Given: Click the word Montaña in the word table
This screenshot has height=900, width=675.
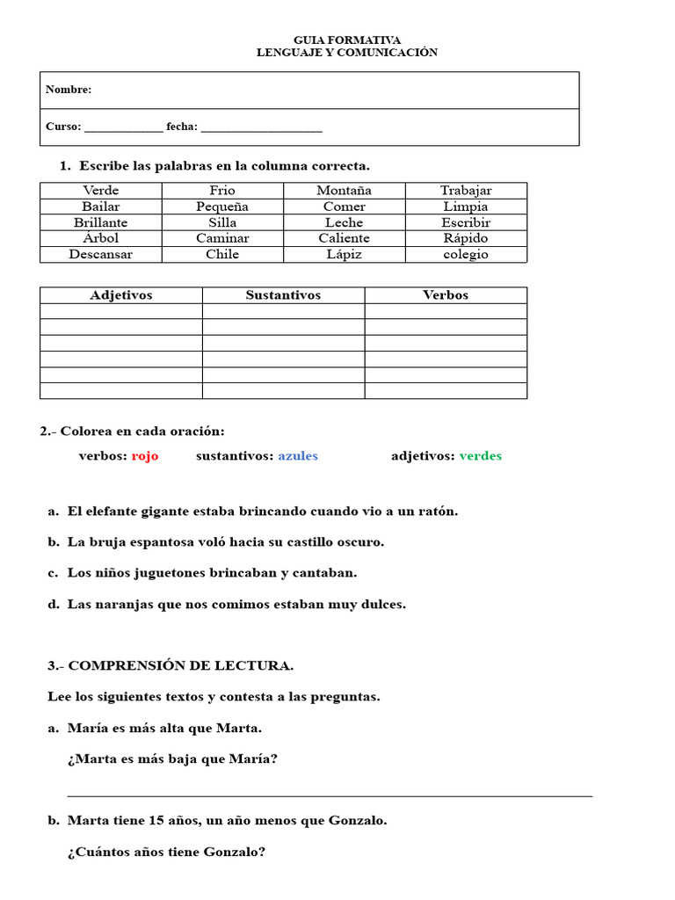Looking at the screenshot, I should click(344, 190).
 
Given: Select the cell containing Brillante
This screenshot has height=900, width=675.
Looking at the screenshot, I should click(100, 222).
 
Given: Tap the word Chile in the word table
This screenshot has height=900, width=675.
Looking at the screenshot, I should click(222, 254).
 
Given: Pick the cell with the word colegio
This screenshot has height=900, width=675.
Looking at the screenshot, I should click(466, 254).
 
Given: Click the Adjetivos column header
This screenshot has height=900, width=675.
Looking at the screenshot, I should click(120, 295).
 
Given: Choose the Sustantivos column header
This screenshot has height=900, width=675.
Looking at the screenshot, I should click(283, 295).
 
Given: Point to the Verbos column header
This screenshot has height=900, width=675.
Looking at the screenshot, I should click(446, 295).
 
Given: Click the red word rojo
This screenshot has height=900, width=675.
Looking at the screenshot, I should click(145, 456).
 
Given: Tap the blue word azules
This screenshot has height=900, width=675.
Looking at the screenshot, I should click(298, 456).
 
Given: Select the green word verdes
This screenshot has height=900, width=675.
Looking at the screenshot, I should click(481, 456).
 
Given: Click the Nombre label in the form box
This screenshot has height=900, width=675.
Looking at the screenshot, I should click(69, 90).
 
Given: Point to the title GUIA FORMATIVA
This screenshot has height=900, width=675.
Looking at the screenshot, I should click(346, 40).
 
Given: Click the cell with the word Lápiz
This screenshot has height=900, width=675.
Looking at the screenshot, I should click(344, 254).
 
